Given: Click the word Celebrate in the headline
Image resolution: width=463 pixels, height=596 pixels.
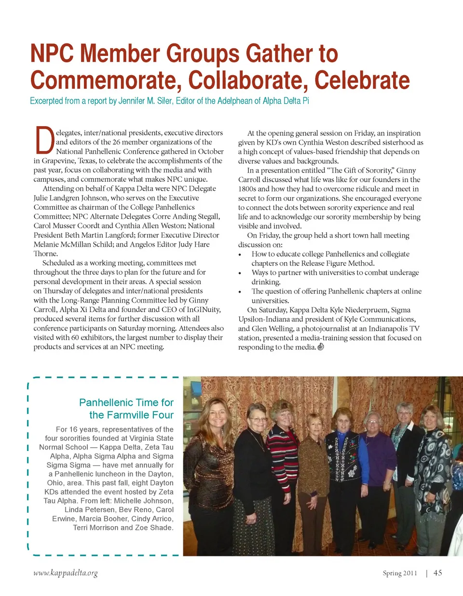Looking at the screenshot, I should tap(362, 80).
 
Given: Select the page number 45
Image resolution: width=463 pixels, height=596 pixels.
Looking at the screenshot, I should tap(437, 573).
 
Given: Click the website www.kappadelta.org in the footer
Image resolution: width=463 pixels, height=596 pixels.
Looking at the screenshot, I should tap(66, 573).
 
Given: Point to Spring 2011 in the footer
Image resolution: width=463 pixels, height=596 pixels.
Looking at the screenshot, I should tap(400, 573).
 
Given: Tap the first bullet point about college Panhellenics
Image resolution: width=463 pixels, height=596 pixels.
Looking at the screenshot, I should tap(330, 258).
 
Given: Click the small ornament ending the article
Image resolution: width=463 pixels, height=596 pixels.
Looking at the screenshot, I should tap(321, 347).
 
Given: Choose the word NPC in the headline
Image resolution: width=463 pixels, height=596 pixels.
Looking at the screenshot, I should tap(54, 53).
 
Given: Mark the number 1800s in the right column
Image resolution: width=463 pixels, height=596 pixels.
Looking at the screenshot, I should tap(247, 189).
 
